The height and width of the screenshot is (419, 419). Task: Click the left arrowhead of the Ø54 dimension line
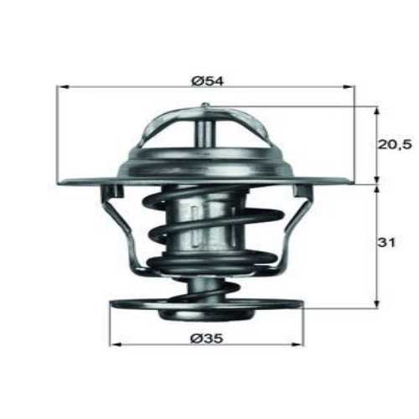coord(62,86)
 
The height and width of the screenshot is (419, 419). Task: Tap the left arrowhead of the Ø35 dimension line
coord(115,344)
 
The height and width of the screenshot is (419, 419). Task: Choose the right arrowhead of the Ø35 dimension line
coord(301,344)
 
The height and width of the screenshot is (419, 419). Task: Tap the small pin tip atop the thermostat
coord(205,106)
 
